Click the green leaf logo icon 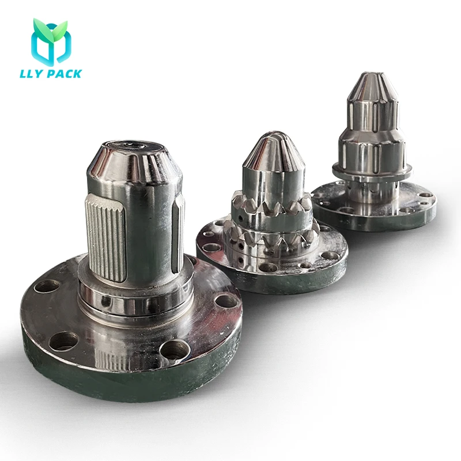click(x=50, y=41)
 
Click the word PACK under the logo click(x=65, y=74)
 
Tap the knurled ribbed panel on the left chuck click(x=106, y=236)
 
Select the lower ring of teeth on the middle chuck click(x=271, y=233)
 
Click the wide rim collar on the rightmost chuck click(x=372, y=168)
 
